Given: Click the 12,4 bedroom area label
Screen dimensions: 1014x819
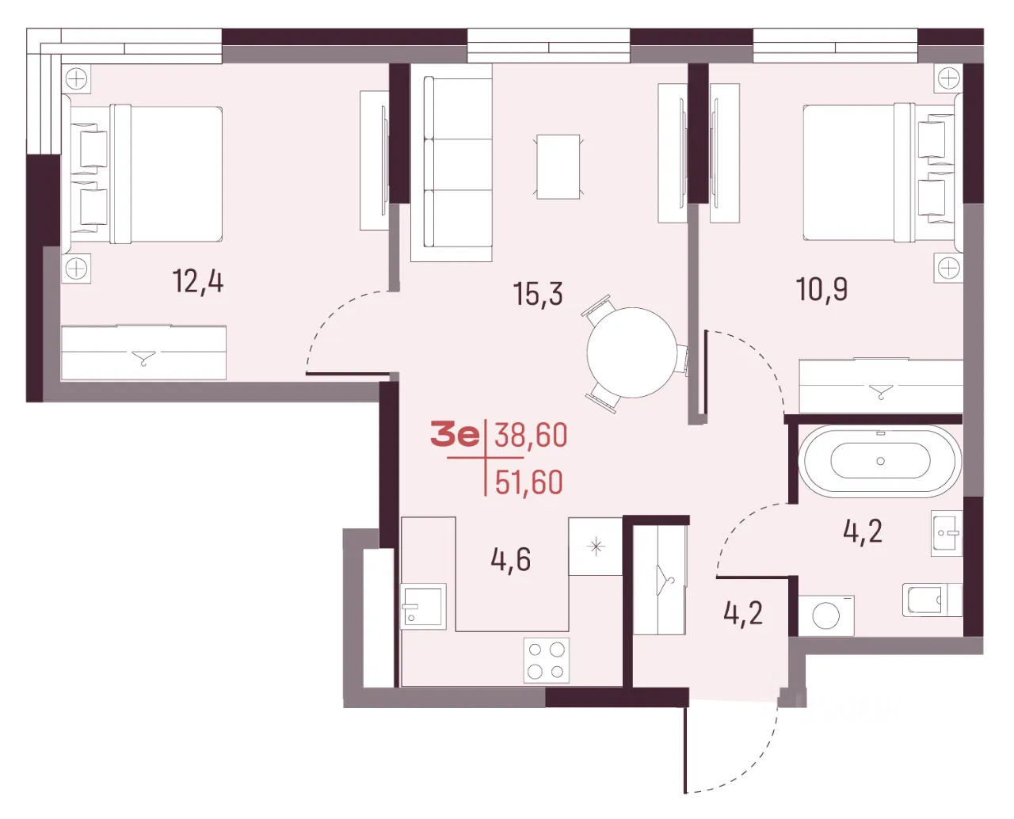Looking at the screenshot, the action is (x=197, y=282).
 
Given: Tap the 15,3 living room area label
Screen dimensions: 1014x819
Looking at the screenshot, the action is (x=538, y=294).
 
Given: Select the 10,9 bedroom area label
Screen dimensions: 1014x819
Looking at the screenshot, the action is (x=821, y=289).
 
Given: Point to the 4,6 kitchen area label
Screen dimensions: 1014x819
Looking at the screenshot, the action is (x=510, y=559).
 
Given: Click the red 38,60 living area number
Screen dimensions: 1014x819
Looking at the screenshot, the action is (x=531, y=436).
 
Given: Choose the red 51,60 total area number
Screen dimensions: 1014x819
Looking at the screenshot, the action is (x=529, y=482).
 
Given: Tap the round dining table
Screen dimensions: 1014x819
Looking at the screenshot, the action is (x=632, y=352).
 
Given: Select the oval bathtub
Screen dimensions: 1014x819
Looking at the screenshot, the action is (x=880, y=461).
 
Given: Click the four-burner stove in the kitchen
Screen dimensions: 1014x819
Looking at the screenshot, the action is (x=546, y=661).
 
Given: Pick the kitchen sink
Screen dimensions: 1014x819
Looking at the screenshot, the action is (x=423, y=606).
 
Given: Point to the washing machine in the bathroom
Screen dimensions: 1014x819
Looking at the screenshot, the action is (x=826, y=615).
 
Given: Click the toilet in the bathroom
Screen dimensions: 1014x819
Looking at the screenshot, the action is (x=932, y=600).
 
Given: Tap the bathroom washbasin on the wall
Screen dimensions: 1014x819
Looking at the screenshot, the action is (x=947, y=533).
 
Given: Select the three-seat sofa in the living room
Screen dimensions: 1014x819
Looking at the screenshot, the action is (x=451, y=162).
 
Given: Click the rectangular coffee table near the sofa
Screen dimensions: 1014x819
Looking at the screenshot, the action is (x=558, y=166).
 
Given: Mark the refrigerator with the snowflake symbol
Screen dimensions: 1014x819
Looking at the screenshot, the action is (x=596, y=547).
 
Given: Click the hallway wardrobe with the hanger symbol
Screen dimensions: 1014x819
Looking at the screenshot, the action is (x=660, y=580).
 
